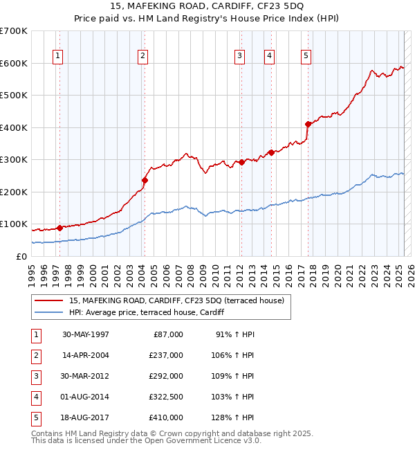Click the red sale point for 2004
point(145,180)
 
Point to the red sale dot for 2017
point(308,124)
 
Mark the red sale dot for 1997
point(59,228)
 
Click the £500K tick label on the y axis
point(13,96)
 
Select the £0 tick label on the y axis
point(21,256)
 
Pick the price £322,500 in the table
point(166,397)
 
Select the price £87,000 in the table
point(168,334)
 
